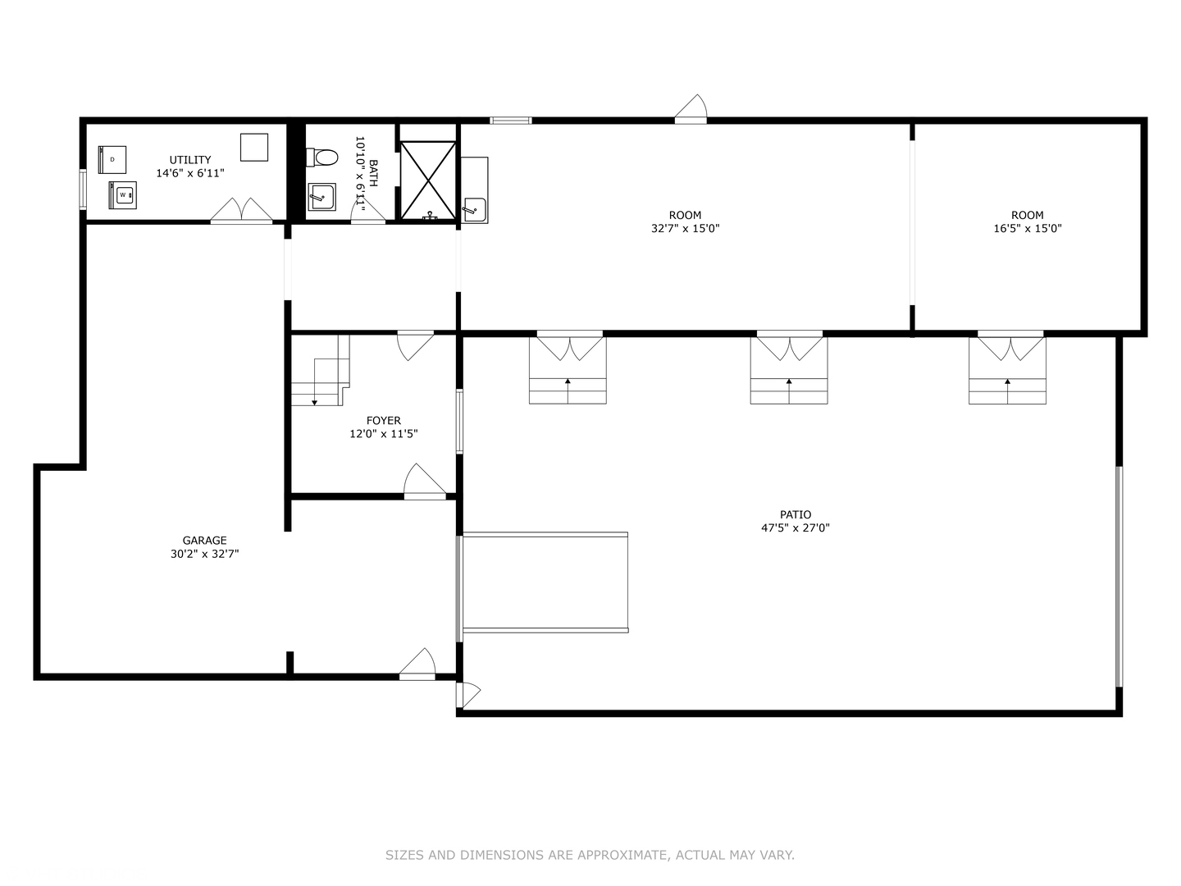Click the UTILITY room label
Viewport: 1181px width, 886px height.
(190, 160)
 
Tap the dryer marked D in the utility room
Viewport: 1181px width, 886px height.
(112, 159)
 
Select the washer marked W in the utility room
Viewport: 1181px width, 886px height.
(123, 195)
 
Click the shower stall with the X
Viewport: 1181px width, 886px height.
(427, 180)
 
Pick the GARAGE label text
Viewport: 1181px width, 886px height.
(204, 541)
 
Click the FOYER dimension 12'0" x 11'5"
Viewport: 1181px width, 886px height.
(383, 434)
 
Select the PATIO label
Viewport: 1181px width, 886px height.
(795, 515)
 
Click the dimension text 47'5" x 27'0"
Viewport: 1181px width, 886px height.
(795, 528)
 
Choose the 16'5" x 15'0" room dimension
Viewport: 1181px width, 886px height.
(1027, 229)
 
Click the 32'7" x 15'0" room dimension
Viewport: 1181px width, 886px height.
(685, 229)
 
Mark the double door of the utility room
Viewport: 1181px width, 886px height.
(241, 211)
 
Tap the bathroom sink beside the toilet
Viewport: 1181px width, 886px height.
(321, 197)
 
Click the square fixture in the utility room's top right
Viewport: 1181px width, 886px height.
(254, 147)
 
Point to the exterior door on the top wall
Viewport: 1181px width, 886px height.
(691, 109)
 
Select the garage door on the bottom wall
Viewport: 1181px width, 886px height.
(417, 665)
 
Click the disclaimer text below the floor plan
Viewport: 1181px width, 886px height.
(590, 855)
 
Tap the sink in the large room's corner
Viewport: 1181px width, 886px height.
(474, 210)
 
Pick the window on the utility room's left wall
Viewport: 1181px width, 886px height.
(83, 189)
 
